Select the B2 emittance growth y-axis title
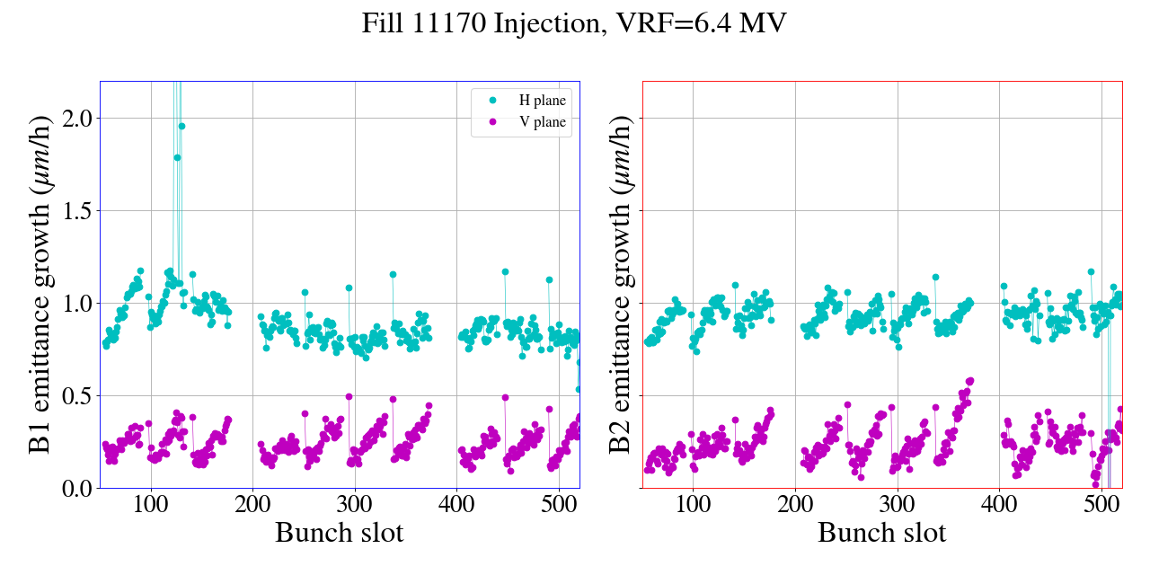pyautogui.click(x=620, y=284)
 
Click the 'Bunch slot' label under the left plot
pyautogui.click(x=339, y=532)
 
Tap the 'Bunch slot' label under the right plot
pyautogui.click(x=881, y=532)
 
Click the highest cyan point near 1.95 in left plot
pyautogui.click(x=181, y=127)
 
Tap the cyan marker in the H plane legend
pyautogui.click(x=491, y=101)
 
